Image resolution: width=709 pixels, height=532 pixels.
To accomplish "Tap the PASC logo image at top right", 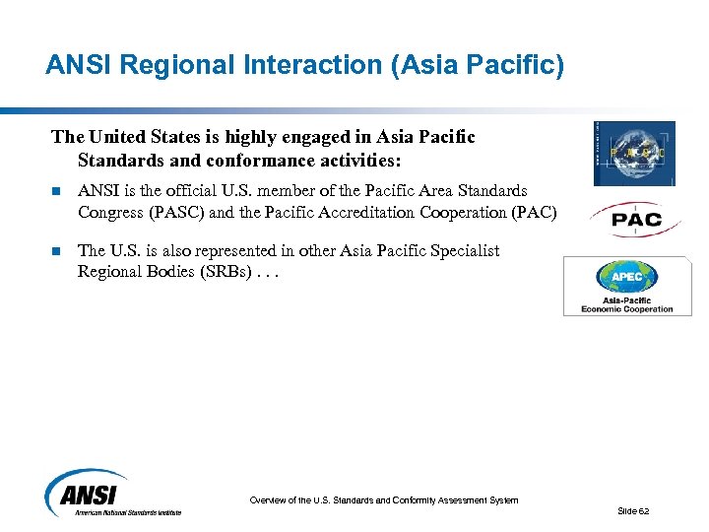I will tap(634, 154).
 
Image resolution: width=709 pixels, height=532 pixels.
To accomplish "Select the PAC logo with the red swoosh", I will tap(637, 220).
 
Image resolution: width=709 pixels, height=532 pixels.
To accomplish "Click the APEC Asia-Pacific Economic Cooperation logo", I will tap(627, 286).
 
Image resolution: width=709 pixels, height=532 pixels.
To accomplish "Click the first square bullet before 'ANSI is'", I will tap(58, 191).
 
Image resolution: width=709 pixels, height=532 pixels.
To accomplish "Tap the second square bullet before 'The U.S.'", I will tap(58, 251).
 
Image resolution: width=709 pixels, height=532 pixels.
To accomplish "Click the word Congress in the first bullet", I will tap(109, 212).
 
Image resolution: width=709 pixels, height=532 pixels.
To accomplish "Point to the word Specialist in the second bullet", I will tap(465, 251).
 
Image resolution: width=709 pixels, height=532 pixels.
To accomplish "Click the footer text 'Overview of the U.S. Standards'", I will tap(383, 500).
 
